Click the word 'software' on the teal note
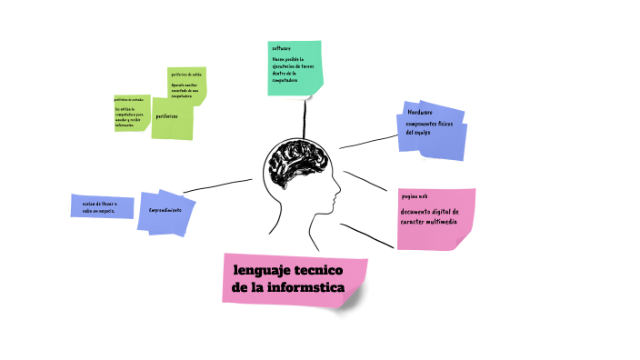click(281, 47)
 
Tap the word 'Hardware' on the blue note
click(421, 112)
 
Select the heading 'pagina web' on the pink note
click(414, 195)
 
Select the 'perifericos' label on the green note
click(166, 117)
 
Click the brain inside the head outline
click(293, 166)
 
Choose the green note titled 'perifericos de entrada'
click(130, 113)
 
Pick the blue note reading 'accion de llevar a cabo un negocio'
click(101, 206)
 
